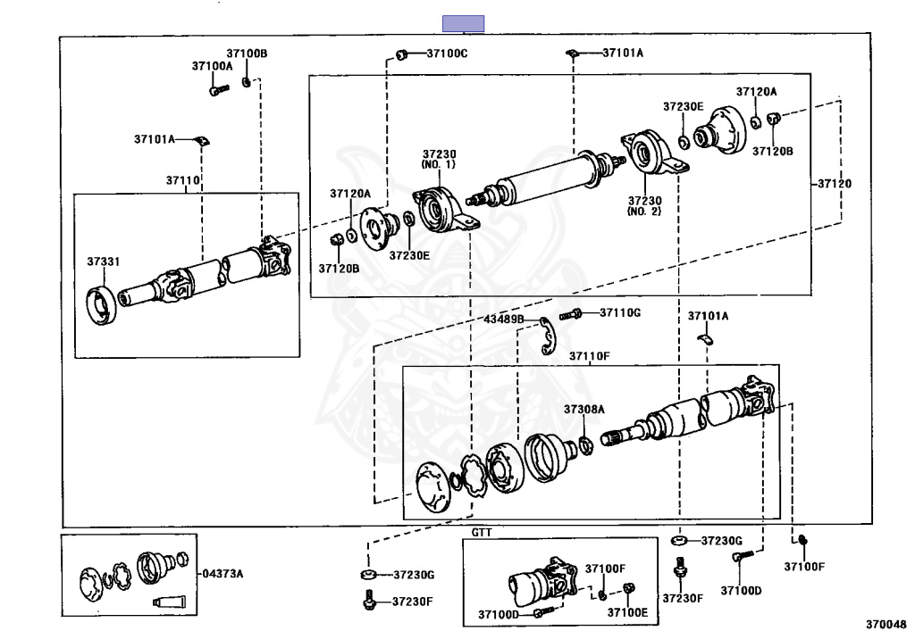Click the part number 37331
[104, 262]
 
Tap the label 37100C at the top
[447, 54]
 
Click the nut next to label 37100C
[401, 54]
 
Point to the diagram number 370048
[886, 624]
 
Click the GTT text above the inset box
[482, 533]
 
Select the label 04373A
[222, 573]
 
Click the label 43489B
[504, 320]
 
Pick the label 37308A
[584, 410]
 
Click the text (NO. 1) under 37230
[439, 165]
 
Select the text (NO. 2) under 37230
[644, 212]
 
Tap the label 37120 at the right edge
[835, 184]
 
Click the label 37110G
[620, 313]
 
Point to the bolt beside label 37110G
[570, 315]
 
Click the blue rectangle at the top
[464, 24]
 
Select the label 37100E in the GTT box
[627, 612]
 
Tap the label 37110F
[590, 356]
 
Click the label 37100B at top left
[247, 54]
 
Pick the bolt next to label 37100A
[219, 90]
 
